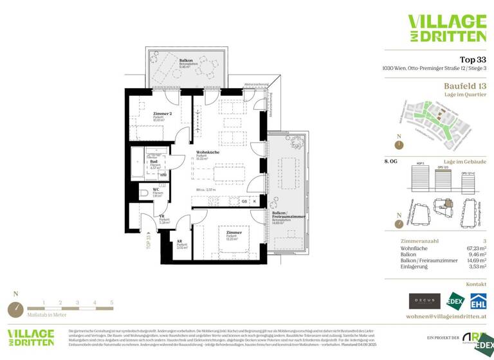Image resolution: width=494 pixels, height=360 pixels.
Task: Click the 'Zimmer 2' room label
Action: [x=162, y=113]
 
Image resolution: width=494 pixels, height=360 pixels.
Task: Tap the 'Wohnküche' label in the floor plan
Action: [x=206, y=152]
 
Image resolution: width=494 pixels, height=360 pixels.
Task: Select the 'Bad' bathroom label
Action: [x=154, y=161]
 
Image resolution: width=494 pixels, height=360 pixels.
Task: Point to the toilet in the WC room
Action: [x=144, y=192]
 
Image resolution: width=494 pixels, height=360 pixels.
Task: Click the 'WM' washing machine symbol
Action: [x=163, y=174]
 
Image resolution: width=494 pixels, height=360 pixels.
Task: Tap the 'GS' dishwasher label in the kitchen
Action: [x=244, y=201]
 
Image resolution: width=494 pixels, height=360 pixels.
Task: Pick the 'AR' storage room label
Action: [x=179, y=242]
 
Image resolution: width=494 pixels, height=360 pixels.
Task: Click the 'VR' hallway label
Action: [x=163, y=217]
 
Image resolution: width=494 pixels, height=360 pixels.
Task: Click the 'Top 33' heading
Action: [x=473, y=59]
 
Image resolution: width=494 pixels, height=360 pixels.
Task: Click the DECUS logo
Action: [x=425, y=300]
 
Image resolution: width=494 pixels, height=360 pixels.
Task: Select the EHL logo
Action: [x=478, y=300]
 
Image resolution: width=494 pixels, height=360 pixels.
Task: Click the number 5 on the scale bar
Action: [x=111, y=302]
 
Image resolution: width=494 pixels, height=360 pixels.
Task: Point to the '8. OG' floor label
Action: [x=390, y=161]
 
